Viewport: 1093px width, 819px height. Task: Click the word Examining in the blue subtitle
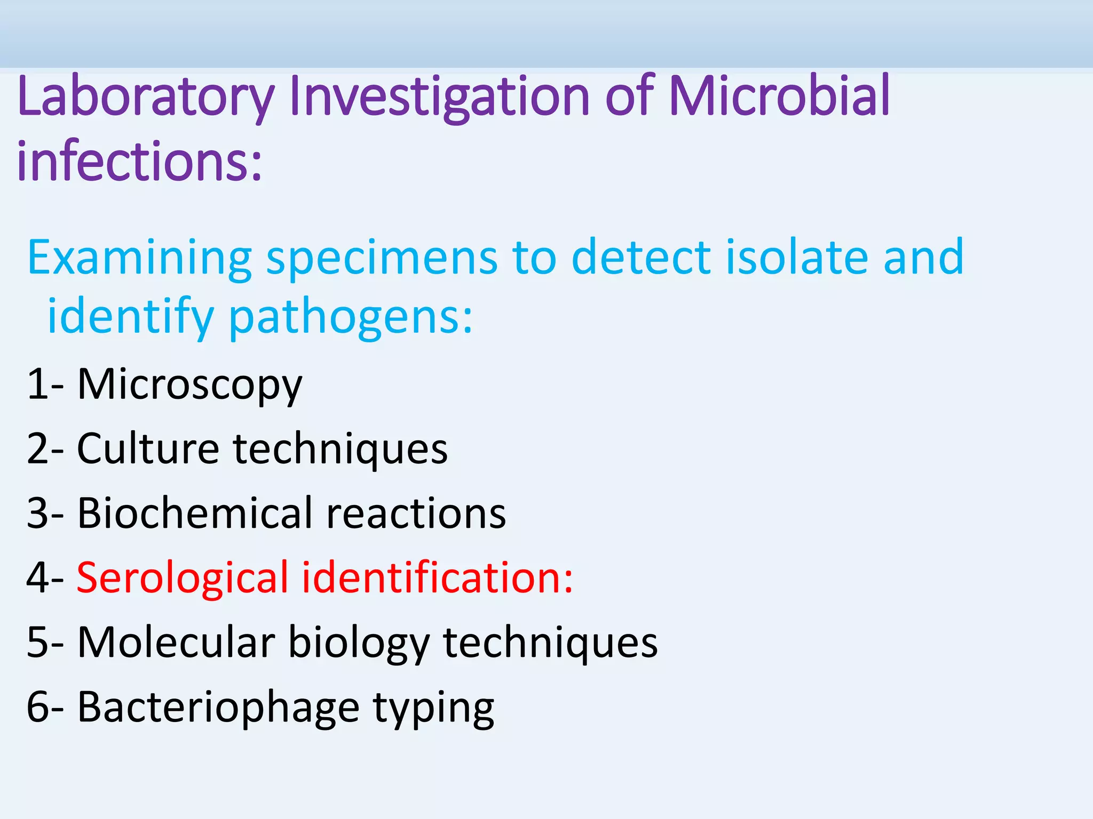139,258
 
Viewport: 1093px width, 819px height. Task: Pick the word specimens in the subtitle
382,258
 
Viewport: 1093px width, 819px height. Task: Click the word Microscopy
190,385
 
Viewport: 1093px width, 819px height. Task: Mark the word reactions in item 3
416,514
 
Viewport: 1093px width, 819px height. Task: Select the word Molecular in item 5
176,642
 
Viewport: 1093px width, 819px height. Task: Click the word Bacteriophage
218,708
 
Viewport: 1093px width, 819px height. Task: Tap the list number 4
37,578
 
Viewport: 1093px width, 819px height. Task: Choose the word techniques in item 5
550,642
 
